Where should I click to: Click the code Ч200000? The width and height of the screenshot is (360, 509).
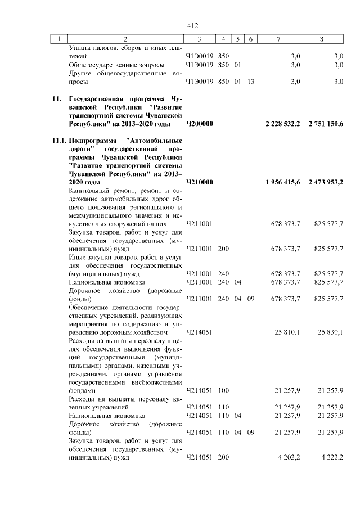click(x=199, y=123)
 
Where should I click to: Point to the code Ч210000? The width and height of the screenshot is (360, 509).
click(x=199, y=182)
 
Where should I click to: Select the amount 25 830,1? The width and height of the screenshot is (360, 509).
click(x=330, y=332)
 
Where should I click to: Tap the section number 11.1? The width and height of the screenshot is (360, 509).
click(x=58, y=140)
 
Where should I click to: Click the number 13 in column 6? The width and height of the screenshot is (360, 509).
click(x=250, y=82)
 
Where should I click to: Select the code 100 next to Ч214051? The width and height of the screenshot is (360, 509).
click(x=223, y=390)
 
